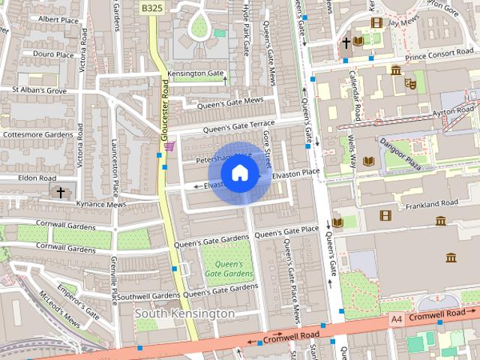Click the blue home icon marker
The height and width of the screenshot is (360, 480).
point(239,173)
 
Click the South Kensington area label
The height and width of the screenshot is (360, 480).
point(184,313)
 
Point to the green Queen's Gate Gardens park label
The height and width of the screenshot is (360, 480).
point(229,268)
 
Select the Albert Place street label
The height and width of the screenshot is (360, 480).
point(58,19)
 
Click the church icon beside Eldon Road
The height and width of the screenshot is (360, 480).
point(61,192)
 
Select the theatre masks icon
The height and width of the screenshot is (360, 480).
point(410,83)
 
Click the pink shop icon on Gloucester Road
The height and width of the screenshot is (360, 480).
point(170,145)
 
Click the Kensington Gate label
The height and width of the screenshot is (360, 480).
point(196,73)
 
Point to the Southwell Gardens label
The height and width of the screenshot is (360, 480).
point(148,296)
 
